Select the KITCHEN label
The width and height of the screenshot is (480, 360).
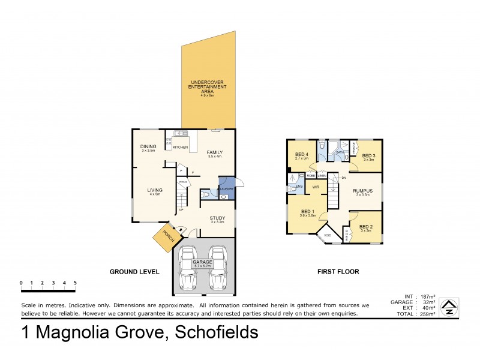181,147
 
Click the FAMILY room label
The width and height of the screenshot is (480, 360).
215,154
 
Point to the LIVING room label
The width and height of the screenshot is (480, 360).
154,192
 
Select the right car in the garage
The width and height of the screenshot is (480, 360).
217,268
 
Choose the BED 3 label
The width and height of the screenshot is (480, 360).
368,157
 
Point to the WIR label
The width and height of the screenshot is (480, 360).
316,187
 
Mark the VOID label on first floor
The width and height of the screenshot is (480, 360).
328,235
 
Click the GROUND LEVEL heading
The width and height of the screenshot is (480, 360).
134,272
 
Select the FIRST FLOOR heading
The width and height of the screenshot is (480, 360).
338,272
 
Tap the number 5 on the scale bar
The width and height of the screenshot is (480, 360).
75,282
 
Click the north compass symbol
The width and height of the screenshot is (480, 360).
448,308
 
